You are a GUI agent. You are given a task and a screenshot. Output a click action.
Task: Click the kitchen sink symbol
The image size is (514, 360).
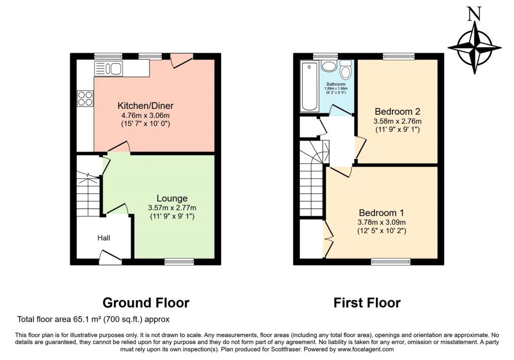coord(108,68)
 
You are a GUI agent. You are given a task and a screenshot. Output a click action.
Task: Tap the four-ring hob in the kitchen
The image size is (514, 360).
coord(85,98)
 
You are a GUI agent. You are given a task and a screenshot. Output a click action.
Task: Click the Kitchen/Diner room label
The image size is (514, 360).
coord(146,106)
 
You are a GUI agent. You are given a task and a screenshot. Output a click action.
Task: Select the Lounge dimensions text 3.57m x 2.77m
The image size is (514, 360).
coord(172,208)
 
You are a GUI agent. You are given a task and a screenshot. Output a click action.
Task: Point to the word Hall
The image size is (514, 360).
coord(103,238)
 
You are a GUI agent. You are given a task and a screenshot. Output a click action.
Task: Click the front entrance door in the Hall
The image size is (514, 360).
coord(110,259)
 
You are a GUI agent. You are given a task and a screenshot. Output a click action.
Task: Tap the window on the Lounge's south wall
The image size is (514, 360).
coord(179,261)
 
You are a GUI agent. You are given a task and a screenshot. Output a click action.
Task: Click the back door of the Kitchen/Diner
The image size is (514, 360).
coord(181,60)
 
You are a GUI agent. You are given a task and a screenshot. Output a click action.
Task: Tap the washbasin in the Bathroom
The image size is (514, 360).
coord(329,66)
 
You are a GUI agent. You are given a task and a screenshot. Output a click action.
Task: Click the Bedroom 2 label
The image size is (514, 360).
coord(397,111)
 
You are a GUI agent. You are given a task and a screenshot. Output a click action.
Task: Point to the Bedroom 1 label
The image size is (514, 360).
coord(381,212)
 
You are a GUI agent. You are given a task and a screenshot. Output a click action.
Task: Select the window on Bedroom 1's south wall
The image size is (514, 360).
coord(391,261)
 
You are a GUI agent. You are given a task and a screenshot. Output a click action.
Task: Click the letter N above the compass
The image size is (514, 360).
coord(472,15)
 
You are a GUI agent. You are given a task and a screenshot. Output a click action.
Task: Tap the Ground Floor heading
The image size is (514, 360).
coord(146,303)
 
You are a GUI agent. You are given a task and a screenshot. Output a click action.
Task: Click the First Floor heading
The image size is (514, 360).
coord(367,303)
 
